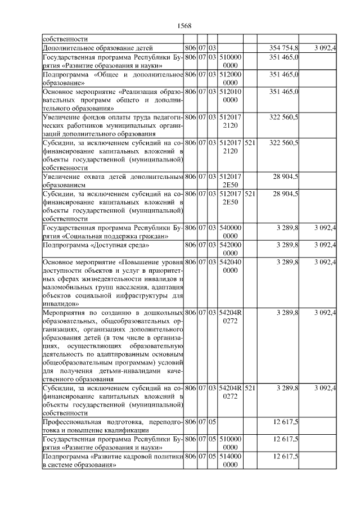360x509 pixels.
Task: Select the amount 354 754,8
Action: [x=285, y=48]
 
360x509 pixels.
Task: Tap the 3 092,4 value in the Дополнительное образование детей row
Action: [x=325, y=48]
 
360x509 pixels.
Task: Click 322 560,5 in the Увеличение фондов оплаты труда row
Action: [x=285, y=117]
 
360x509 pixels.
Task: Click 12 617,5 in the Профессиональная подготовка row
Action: [x=286, y=422]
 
